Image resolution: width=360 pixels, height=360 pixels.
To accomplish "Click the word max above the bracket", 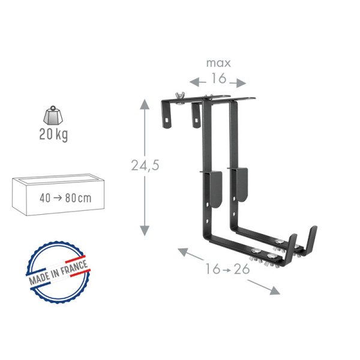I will pyautogui.click(x=218, y=63).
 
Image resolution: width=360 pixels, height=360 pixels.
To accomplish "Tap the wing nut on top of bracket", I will pyautogui.click(x=178, y=95).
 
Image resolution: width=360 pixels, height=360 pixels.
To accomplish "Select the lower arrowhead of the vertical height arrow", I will pyautogui.click(x=145, y=231).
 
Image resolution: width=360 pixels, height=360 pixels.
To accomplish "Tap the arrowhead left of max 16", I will pyautogui.click(x=193, y=81).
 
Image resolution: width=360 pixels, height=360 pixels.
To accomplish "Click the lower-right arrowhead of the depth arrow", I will pyautogui.click(x=275, y=291).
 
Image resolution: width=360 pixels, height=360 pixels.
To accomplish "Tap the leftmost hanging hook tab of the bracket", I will pyautogui.click(x=167, y=114).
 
